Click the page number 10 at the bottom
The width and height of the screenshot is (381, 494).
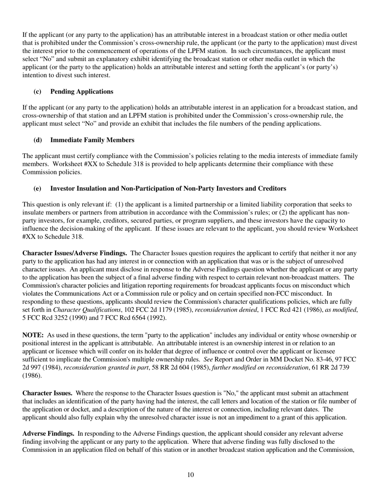point(190,475)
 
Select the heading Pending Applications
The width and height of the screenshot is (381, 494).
point(81,92)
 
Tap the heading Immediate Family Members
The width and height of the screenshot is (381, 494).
point(92,140)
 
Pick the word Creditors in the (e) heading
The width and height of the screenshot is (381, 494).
point(273,188)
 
